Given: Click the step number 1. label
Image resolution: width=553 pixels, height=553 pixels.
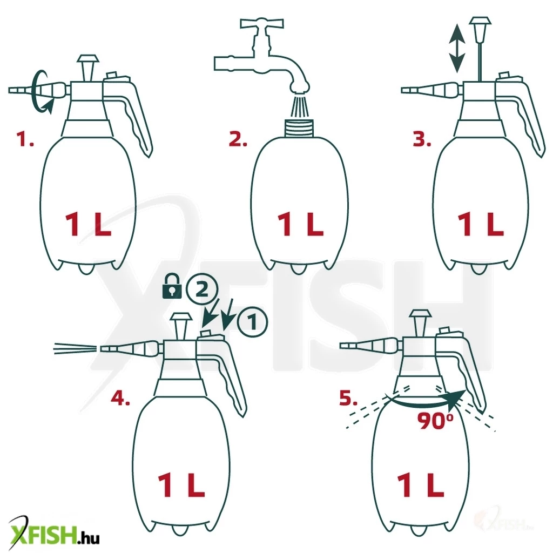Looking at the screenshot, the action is coord(25,139).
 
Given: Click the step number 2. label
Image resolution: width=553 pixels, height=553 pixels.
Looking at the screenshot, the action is coord(238,139).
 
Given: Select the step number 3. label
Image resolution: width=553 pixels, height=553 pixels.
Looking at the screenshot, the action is coord(422,139).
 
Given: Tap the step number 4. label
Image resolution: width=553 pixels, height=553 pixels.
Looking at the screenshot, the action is coord(120,398).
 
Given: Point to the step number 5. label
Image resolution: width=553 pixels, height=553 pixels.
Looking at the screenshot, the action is coord(348,398).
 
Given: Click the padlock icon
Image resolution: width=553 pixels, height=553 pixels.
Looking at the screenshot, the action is coord(172,287).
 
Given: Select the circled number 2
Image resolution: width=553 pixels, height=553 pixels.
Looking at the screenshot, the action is coord(201,290).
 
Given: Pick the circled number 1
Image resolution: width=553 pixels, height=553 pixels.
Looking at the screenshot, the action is coord(253,322).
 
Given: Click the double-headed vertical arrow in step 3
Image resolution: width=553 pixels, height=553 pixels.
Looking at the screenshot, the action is coord(457,48).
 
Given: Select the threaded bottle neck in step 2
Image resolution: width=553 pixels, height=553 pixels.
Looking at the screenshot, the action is coord(299,129).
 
